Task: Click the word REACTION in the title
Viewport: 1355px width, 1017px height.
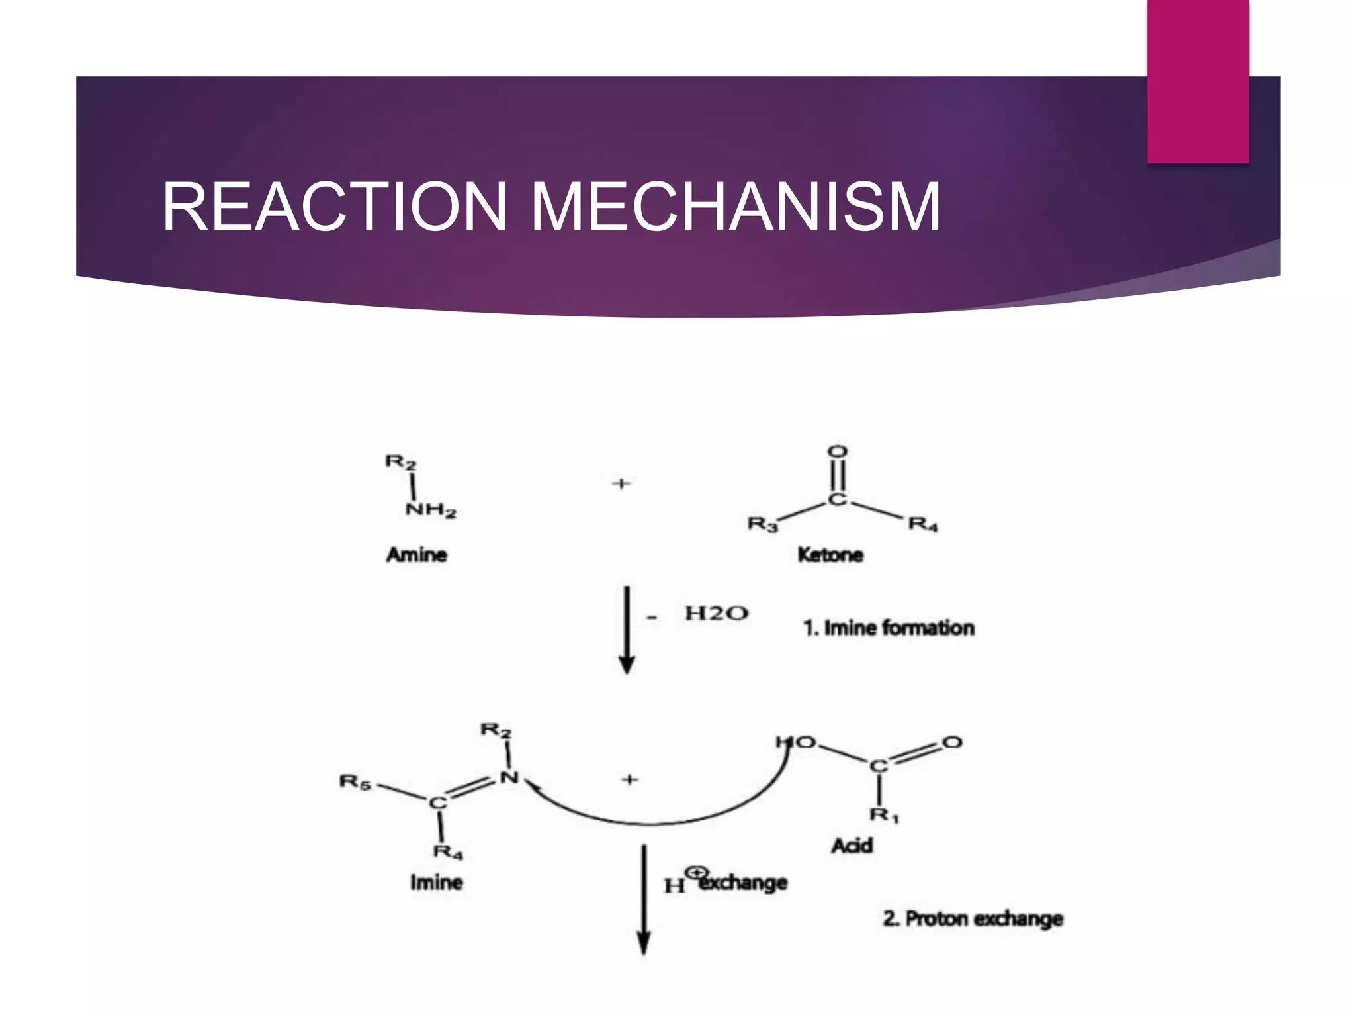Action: point(335,207)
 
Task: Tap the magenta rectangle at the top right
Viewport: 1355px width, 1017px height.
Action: point(1198,81)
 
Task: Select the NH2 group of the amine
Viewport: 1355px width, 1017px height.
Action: point(431,510)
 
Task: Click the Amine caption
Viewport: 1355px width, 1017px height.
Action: point(417,554)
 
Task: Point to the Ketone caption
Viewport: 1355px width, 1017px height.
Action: point(830,554)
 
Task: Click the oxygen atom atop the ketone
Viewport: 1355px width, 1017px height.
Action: point(838,452)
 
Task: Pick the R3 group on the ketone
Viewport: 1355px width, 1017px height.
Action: point(762,524)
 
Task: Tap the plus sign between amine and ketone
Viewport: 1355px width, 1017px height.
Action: point(621,484)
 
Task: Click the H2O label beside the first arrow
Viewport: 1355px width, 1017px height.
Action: point(717,613)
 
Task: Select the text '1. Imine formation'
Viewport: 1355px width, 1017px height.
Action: point(889,628)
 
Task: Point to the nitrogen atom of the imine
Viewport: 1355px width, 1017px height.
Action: point(509,777)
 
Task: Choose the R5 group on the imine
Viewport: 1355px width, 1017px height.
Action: point(355,782)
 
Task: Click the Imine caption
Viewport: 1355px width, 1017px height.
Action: point(436,883)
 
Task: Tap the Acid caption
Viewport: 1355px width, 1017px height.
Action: point(852,846)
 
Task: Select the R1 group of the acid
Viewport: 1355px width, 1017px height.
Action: point(884,814)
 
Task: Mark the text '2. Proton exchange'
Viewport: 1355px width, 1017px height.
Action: point(973,919)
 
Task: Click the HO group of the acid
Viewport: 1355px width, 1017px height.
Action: point(797,742)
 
